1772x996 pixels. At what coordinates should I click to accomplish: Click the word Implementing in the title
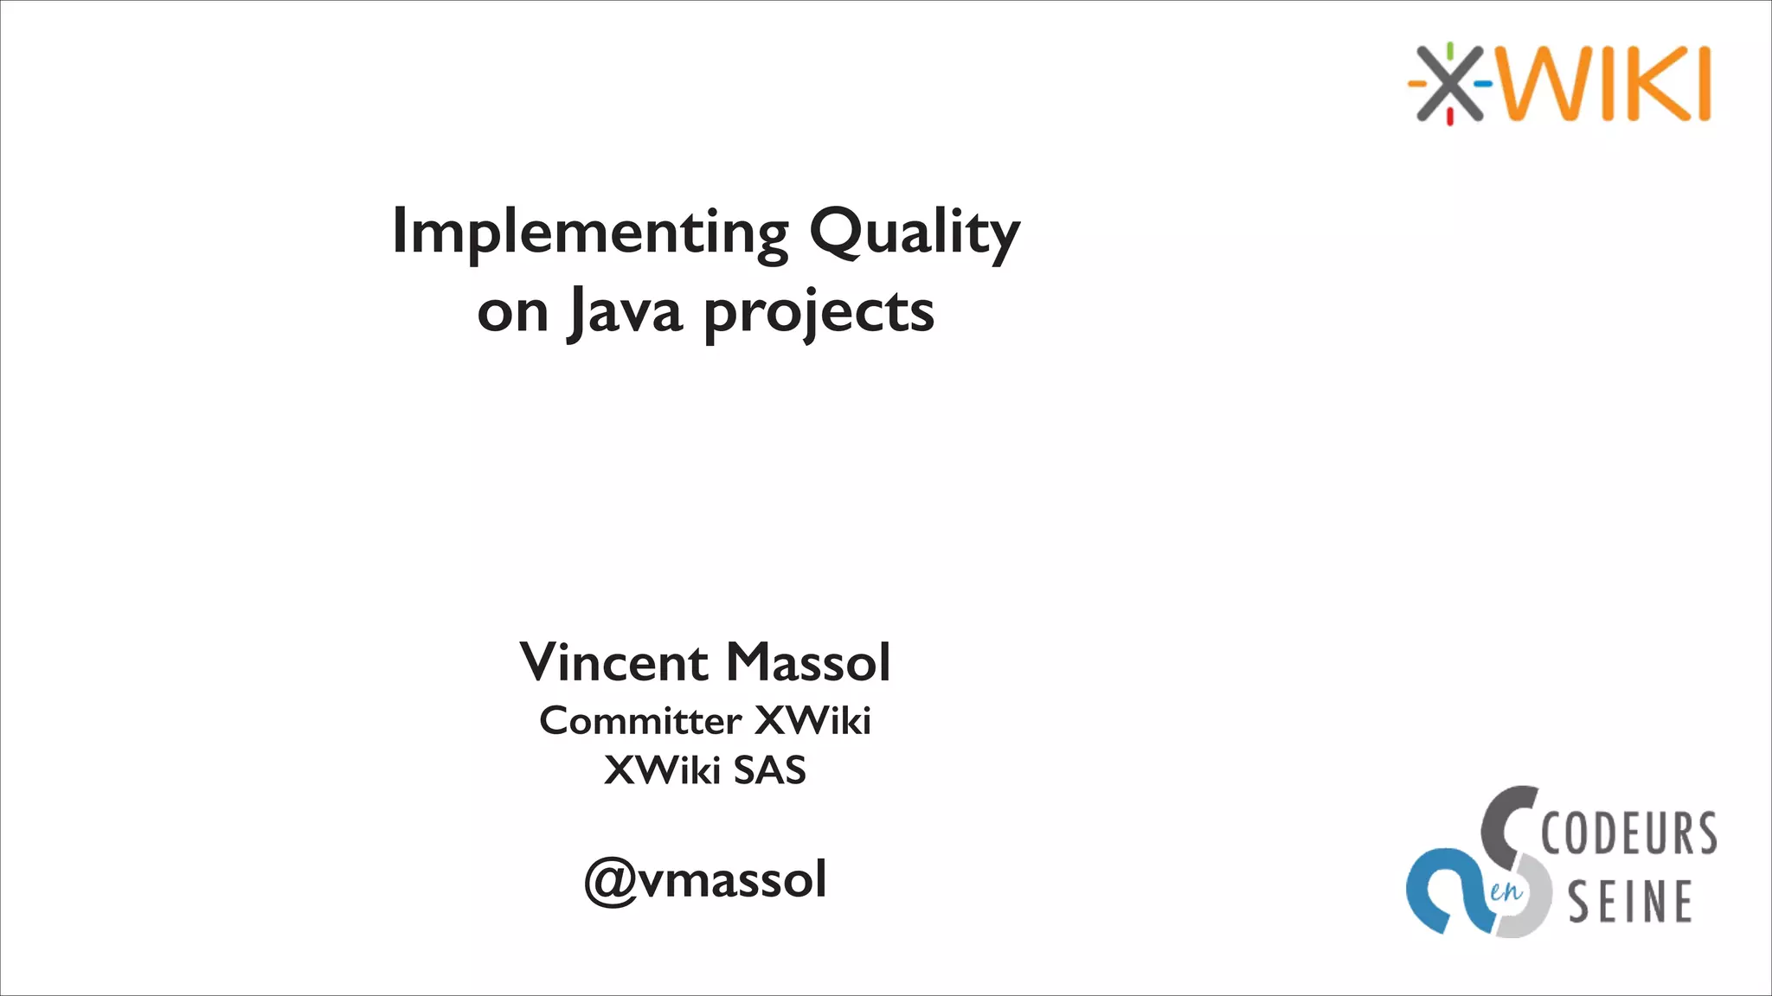tap(590, 232)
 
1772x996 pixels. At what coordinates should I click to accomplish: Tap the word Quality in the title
tap(915, 232)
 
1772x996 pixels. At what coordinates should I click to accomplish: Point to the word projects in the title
tap(819, 313)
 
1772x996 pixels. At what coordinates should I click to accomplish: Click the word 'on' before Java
tap(512, 313)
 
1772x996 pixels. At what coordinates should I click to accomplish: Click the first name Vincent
tap(613, 663)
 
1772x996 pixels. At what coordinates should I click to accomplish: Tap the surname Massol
tap(808, 663)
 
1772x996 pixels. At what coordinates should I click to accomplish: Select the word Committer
tap(640, 720)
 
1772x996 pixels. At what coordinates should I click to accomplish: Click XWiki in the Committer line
tap(812, 720)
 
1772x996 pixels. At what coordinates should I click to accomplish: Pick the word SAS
tap(769, 770)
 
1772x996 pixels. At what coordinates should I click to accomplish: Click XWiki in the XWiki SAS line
tap(662, 770)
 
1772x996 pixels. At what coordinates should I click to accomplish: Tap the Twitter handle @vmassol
tap(705, 880)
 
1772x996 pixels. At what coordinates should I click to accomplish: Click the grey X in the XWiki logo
tap(1449, 84)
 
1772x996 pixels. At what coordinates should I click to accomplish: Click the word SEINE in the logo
tap(1630, 902)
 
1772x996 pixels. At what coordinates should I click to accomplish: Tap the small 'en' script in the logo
tap(1506, 891)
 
